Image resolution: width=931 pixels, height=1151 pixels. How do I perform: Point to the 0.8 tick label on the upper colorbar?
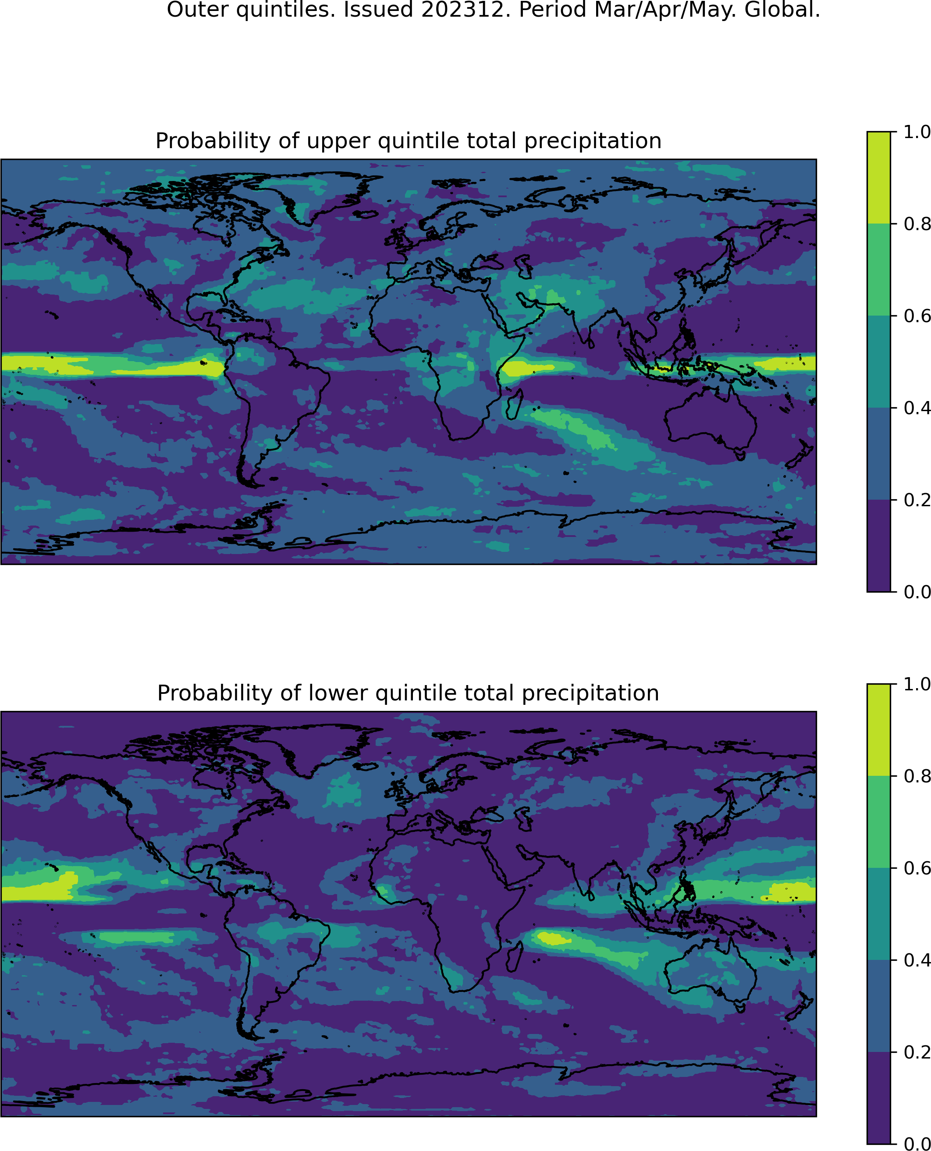pos(917,224)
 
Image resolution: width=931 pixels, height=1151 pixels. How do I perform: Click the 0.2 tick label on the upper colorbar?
pos(917,500)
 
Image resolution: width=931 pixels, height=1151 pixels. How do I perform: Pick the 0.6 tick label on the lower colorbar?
pos(917,868)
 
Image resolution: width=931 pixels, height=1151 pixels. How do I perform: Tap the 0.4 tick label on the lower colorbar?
pos(917,960)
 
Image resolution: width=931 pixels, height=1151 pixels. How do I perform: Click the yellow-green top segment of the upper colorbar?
pos(878,178)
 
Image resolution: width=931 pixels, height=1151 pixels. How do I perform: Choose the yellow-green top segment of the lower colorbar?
pos(878,730)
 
